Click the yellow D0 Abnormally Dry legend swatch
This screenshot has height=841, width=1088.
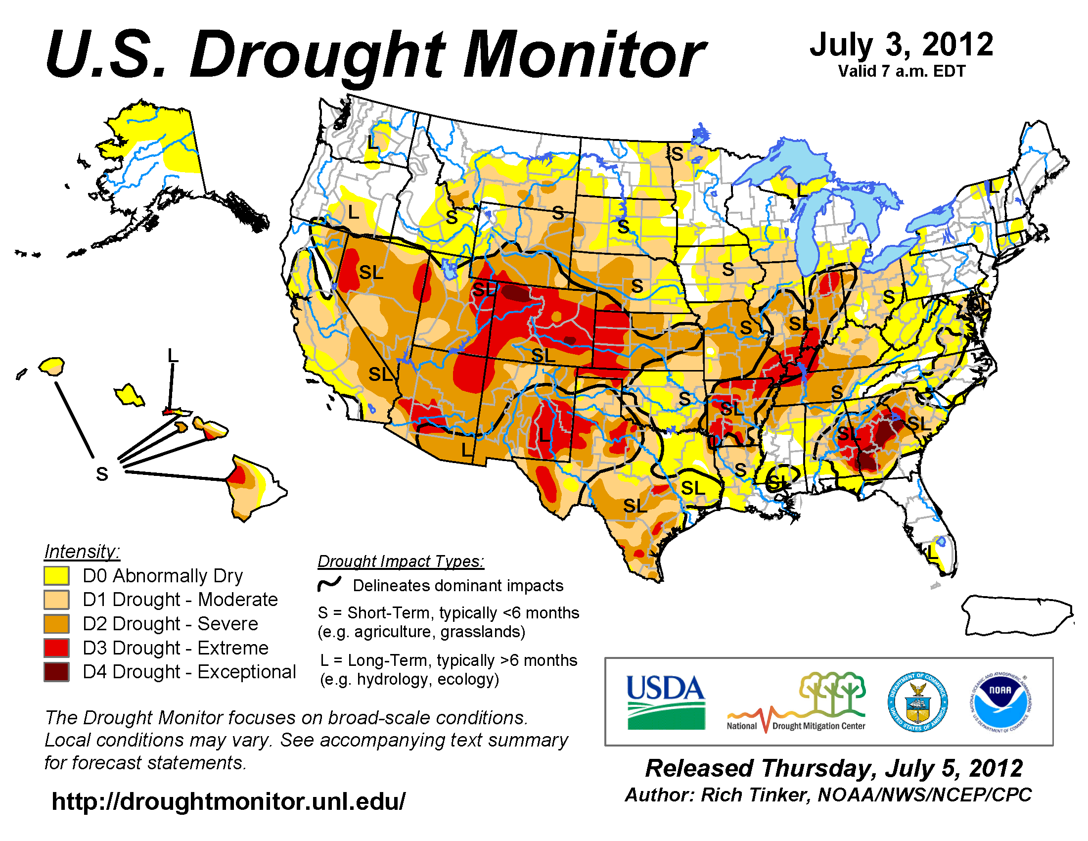click(x=56, y=575)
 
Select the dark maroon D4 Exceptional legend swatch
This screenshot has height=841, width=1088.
click(x=56, y=672)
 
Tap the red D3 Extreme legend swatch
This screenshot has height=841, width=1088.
click(x=56, y=648)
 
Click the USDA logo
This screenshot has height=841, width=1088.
click(x=666, y=702)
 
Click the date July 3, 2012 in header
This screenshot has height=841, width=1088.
click(x=901, y=45)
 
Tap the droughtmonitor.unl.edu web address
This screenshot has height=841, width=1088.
click(x=228, y=801)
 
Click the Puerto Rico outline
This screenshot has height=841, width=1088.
click(x=1016, y=616)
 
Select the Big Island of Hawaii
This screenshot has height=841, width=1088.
click(x=254, y=486)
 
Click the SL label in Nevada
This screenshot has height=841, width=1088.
click(x=371, y=273)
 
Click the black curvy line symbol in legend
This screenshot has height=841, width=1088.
click(x=330, y=584)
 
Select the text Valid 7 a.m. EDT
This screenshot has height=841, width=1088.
click(x=901, y=71)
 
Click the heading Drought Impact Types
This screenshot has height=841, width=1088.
click(x=401, y=561)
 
